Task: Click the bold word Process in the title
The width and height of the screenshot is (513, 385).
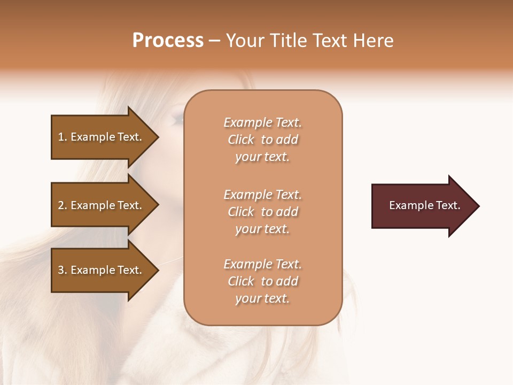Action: pos(168,41)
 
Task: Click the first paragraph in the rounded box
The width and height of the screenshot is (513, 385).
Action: pos(262,140)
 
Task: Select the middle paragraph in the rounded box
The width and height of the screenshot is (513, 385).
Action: pos(262,212)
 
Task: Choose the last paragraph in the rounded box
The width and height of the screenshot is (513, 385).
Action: pos(262,281)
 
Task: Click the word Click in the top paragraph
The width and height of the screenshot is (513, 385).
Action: pos(241,140)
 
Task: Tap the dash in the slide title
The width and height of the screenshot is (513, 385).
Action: pos(214,41)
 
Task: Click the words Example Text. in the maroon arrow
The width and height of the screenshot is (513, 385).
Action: pos(424,205)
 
